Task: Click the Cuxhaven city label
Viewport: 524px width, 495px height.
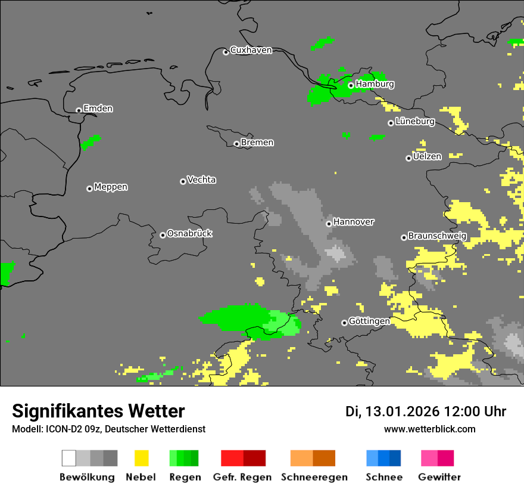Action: (251, 50)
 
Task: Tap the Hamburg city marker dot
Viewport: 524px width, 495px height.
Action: (351, 85)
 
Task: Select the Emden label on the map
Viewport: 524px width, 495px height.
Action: (98, 109)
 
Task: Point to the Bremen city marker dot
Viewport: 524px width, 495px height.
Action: (236, 144)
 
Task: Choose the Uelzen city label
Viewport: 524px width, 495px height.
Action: (427, 156)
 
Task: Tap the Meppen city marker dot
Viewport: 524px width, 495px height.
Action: (89, 188)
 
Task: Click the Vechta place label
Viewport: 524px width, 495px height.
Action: (201, 180)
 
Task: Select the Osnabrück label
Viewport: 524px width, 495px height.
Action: (189, 233)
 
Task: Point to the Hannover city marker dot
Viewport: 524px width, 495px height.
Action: (329, 224)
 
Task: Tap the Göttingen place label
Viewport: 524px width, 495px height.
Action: (369, 321)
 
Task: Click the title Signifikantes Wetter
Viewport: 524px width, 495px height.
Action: (98, 411)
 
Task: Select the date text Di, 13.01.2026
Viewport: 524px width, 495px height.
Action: (392, 412)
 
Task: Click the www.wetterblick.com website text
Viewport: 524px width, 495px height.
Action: (429, 429)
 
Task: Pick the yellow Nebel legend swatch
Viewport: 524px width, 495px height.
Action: (141, 458)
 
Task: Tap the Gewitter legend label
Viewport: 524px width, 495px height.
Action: (439, 477)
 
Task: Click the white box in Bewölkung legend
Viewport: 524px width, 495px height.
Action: (69, 458)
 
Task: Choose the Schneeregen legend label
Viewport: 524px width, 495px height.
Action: (314, 477)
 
